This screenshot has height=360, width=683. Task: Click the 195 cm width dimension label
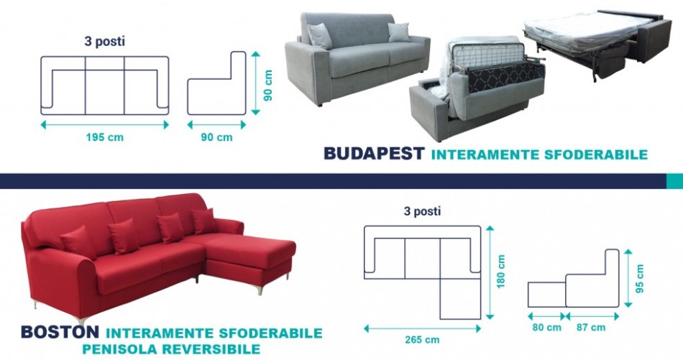(x=104, y=137)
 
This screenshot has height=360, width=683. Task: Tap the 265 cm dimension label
(x=422, y=340)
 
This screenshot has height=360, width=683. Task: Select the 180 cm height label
(x=500, y=272)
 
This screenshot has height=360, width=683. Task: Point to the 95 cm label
(x=639, y=279)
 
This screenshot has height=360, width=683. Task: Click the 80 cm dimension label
(x=546, y=328)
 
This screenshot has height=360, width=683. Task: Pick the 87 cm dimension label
(x=591, y=328)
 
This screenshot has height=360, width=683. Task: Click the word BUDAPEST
(x=374, y=153)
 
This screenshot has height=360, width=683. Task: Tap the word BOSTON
(x=60, y=332)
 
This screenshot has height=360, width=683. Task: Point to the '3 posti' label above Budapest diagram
(x=104, y=42)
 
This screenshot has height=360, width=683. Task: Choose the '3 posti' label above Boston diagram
(x=422, y=211)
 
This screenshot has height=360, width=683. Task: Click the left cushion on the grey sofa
(x=320, y=36)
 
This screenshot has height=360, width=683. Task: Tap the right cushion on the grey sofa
(x=399, y=32)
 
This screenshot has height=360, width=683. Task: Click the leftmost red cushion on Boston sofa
(x=79, y=242)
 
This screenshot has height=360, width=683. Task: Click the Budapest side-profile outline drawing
(x=216, y=83)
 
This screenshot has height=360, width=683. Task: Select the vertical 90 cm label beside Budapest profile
(x=268, y=86)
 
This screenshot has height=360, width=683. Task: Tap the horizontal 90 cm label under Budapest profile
(x=216, y=137)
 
